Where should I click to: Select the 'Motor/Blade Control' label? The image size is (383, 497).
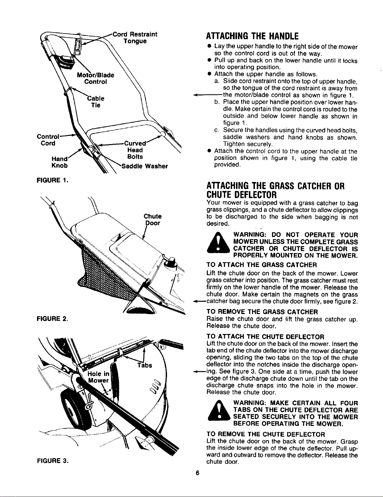point(96,78)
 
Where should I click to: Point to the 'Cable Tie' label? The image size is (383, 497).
point(96,102)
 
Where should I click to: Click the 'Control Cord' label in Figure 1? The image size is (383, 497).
point(48,140)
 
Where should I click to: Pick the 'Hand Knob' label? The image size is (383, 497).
point(59,162)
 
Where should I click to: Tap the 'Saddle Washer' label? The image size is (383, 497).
point(145,166)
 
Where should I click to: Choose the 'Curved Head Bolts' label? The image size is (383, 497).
point(135,150)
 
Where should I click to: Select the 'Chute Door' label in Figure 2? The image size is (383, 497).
point(152,220)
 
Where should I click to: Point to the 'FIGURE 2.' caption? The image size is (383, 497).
point(53,318)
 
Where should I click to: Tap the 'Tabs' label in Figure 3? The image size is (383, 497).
point(145,365)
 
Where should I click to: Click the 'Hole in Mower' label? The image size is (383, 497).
point(99,377)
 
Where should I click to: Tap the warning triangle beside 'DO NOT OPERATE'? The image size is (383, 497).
point(218,243)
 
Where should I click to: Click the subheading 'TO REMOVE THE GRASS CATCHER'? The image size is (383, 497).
point(262,312)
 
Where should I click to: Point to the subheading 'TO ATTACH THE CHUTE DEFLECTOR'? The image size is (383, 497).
point(265,337)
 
